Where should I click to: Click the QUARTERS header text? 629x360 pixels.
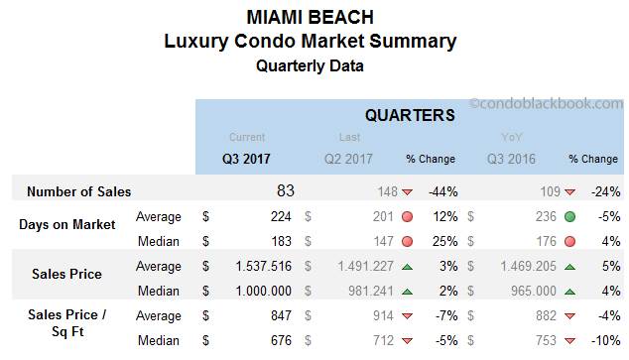(x=410, y=115)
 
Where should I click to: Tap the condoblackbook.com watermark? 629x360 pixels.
(x=546, y=103)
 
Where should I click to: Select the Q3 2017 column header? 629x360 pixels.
(x=246, y=159)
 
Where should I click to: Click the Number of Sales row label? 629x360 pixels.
(x=78, y=191)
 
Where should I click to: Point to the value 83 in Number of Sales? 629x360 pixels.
(x=285, y=190)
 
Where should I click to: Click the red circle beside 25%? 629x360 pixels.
(x=408, y=241)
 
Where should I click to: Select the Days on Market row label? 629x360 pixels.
(x=66, y=224)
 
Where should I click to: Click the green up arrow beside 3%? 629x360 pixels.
(x=408, y=267)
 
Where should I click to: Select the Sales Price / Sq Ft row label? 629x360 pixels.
(x=66, y=323)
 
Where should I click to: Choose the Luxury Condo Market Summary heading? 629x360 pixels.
(x=314, y=42)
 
